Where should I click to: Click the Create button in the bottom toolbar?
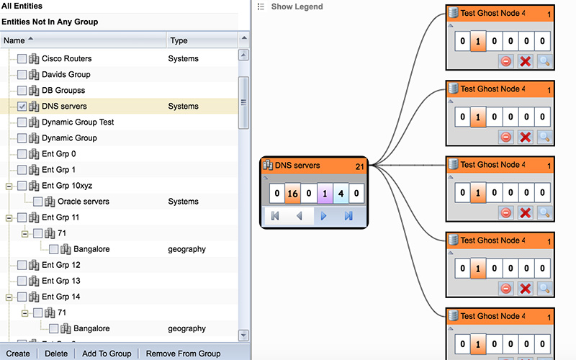[18, 354]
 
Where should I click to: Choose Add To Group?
[107, 354]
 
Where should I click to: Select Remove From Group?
[183, 354]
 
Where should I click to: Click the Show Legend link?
[297, 7]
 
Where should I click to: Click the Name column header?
[14, 41]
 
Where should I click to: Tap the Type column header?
[179, 41]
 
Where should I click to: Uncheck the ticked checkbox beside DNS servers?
[22, 107]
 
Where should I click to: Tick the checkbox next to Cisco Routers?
[22, 59]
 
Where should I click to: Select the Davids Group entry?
[66, 75]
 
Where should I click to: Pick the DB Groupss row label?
[63, 91]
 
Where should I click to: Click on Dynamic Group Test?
[78, 122]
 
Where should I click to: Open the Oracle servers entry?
[84, 202]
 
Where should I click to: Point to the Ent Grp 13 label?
[61, 281]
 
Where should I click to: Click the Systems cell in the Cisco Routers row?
[184, 59]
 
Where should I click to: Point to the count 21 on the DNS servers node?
[360, 166]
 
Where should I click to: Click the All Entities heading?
[22, 6]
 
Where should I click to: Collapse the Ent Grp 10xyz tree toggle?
[9, 186]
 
